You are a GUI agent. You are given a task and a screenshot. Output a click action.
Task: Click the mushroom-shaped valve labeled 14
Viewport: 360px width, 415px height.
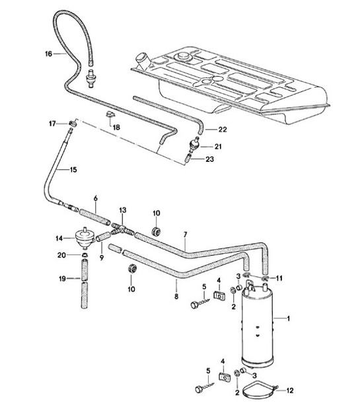click(x=83, y=236)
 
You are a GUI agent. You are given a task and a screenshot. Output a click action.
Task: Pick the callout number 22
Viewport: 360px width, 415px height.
click(x=222, y=128)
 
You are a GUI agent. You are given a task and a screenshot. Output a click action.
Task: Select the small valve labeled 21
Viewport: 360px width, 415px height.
click(x=195, y=145)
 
